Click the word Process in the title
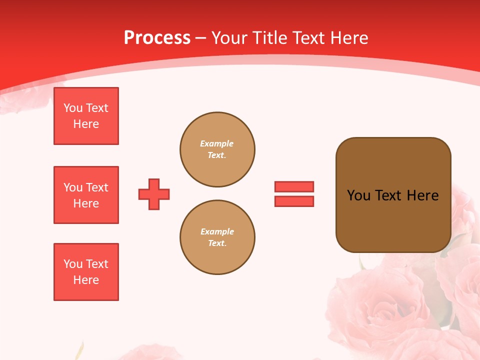[157, 38]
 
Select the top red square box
[86, 116]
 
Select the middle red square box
[86, 195]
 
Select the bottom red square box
[86, 272]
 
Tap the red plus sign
[154, 194]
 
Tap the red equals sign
[294, 194]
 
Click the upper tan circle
[217, 149]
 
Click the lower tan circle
[217, 237]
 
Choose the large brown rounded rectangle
[393, 195]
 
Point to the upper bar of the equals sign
[294, 187]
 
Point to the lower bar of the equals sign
[294, 201]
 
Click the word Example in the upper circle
[217, 143]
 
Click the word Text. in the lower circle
[217, 243]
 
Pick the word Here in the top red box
[86, 124]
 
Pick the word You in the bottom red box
[73, 264]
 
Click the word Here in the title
[350, 38]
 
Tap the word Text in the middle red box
[97, 187]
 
